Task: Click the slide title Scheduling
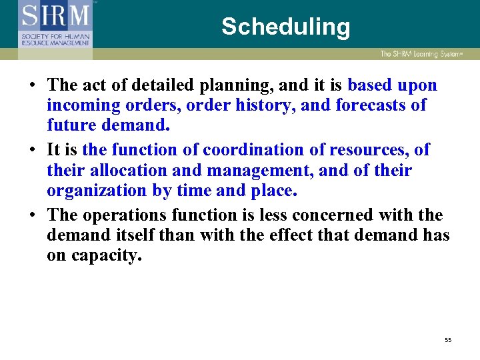pyautogui.click(x=285, y=27)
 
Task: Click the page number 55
pyautogui.click(x=448, y=341)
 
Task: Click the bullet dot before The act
pyautogui.click(x=32, y=86)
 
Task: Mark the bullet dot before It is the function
pyautogui.click(x=32, y=151)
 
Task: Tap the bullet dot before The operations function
pyautogui.click(x=32, y=216)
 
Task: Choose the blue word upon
pyautogui.click(x=417, y=86)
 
